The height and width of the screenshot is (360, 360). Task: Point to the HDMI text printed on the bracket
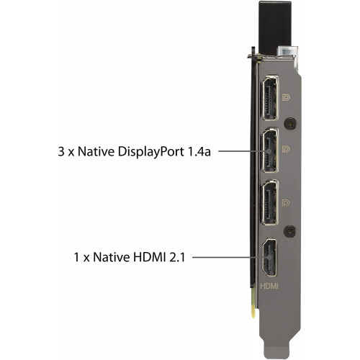point(269,286)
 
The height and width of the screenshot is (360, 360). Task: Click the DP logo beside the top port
point(286,97)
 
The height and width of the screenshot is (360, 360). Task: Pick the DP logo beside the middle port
point(286,149)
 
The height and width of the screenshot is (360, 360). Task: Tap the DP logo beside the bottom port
point(286,203)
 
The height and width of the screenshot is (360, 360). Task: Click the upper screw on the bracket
point(290,124)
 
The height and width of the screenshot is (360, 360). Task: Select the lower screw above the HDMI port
point(289,231)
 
